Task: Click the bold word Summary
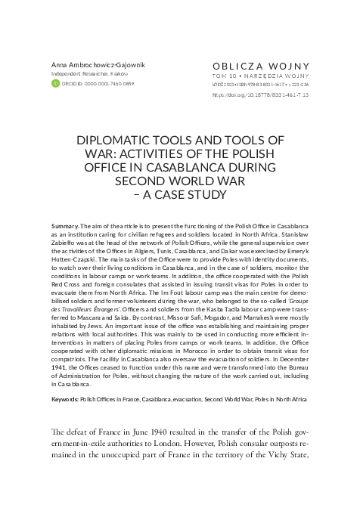[65, 228]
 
